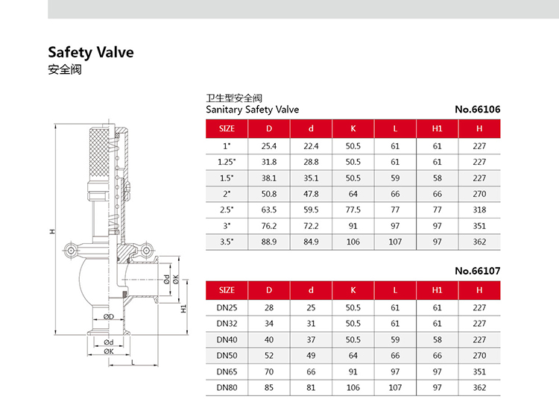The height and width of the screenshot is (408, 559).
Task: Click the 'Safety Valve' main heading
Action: click(91, 52)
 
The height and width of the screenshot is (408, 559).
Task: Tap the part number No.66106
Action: click(477, 109)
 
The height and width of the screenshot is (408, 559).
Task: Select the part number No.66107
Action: click(477, 271)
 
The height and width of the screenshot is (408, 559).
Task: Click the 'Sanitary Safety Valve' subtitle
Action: click(253, 110)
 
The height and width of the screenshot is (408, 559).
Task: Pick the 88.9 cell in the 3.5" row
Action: click(269, 242)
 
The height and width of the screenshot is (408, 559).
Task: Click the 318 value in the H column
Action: click(479, 210)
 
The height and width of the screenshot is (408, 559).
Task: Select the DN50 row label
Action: click(227, 356)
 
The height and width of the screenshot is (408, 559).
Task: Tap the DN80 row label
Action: click(227, 388)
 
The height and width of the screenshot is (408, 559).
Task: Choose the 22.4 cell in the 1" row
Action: click(311, 146)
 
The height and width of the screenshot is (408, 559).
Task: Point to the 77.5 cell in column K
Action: click(353, 210)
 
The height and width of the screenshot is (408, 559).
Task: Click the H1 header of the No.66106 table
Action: click(437, 129)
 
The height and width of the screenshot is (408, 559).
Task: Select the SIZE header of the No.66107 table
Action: click(227, 290)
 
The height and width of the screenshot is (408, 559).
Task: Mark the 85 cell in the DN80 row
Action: click(269, 388)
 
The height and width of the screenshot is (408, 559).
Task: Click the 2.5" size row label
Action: click(227, 210)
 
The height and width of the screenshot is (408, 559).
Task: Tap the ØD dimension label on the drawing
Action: click(109, 317)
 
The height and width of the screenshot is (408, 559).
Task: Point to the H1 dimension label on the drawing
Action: click(183, 309)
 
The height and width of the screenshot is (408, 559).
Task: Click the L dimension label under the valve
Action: click(133, 363)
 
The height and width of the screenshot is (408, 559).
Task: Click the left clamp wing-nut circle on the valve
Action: click(71, 251)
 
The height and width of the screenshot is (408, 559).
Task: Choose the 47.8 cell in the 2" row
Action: click(311, 194)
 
